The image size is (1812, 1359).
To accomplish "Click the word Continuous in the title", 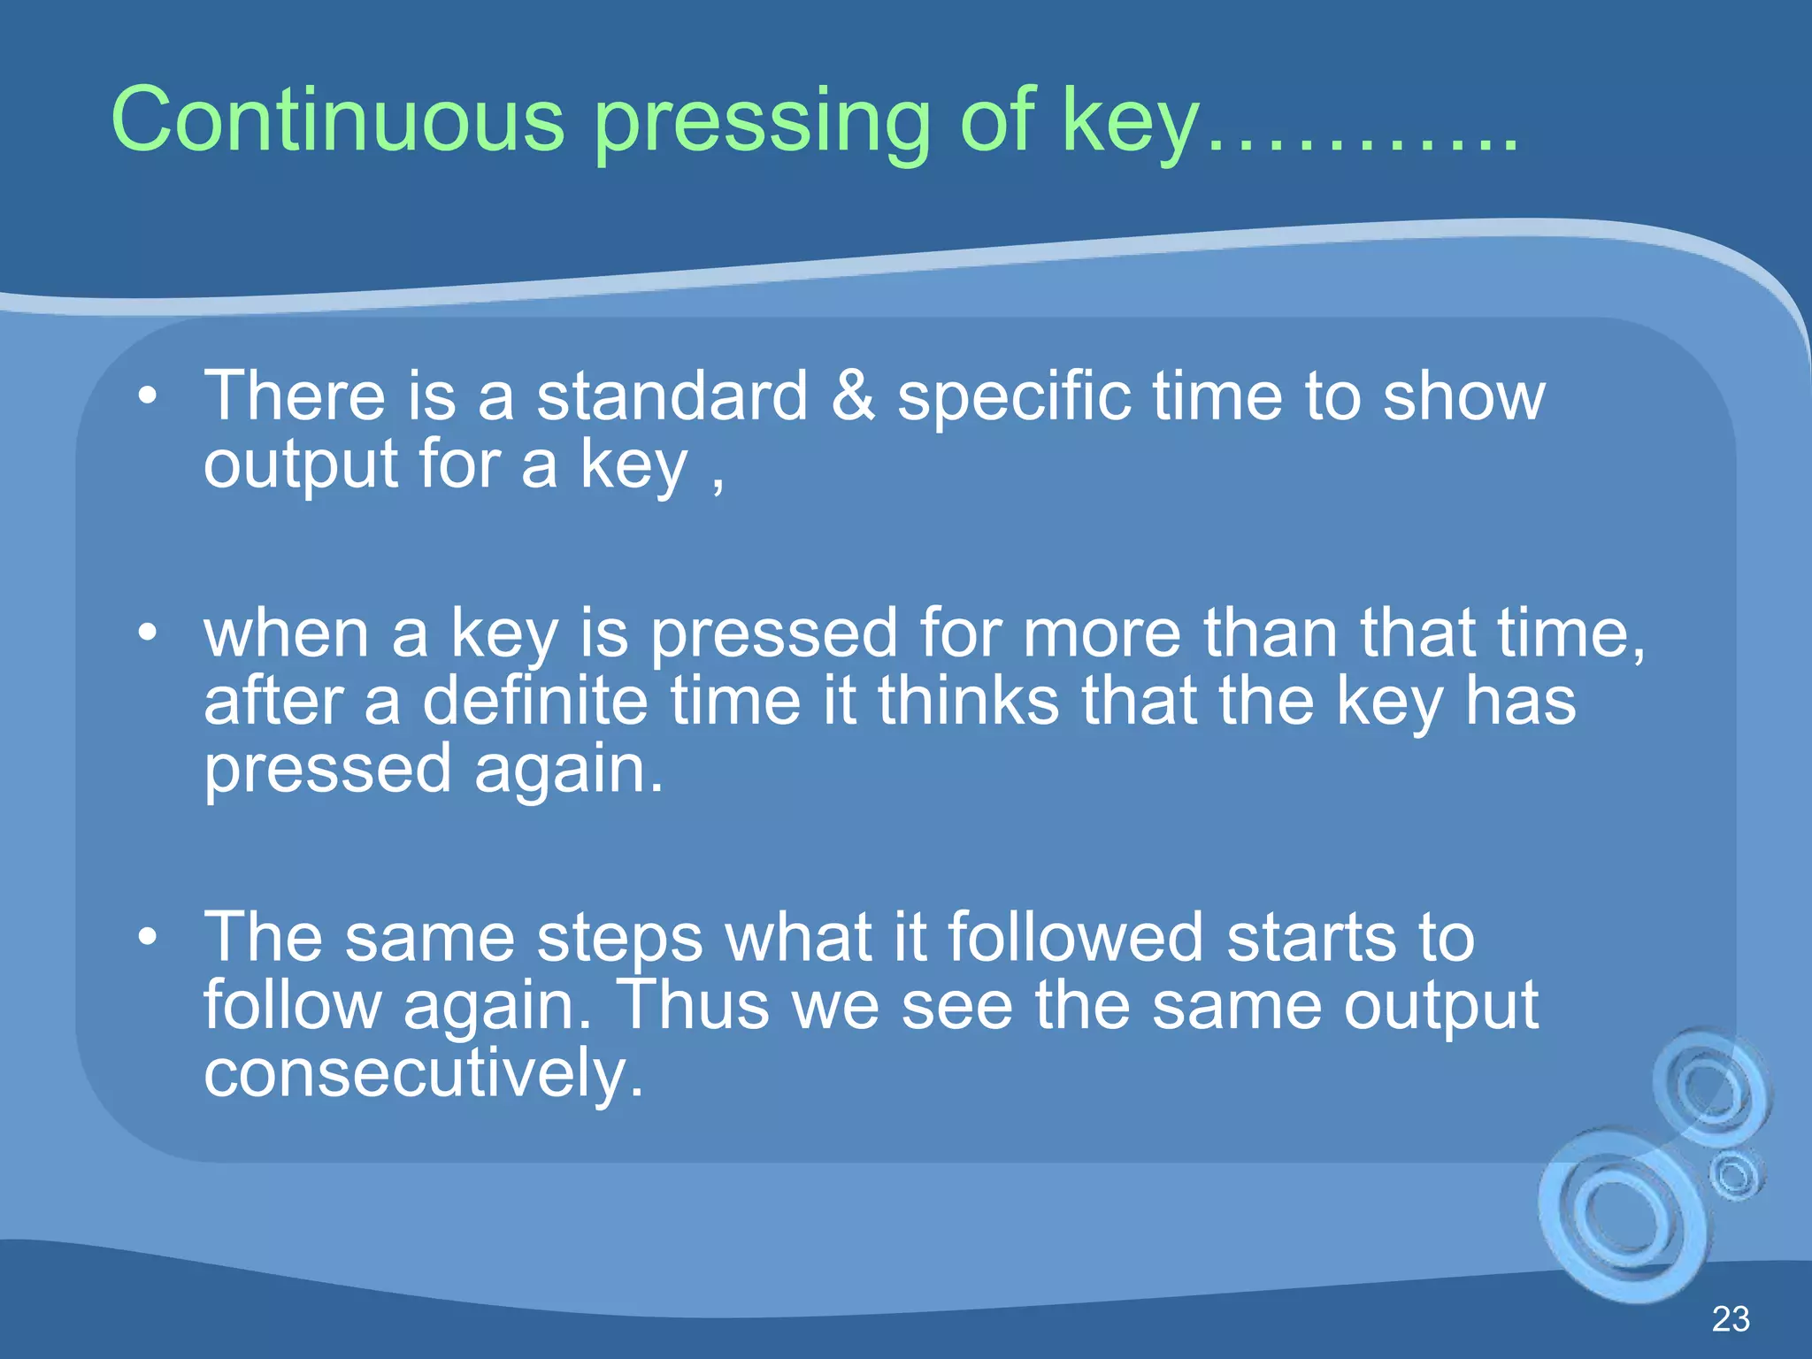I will click(x=337, y=120).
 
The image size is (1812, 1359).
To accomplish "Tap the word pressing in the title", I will click(x=762, y=124).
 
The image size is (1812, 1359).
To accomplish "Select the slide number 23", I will click(x=1730, y=1319).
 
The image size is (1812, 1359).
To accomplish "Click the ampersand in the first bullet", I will click(x=853, y=395).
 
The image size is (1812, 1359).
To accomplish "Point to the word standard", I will click(x=672, y=395).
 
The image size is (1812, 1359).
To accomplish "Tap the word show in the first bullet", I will click(x=1463, y=396).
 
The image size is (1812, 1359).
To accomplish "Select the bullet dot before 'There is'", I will click(x=148, y=395).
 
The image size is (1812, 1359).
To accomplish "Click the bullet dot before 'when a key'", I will click(x=148, y=633).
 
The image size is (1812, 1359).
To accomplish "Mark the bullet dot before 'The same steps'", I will click(x=148, y=936).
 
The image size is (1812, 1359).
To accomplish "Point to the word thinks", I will click(x=968, y=701).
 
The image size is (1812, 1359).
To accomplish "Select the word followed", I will click(x=1075, y=937).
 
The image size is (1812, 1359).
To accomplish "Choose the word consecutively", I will click(x=423, y=1073).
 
